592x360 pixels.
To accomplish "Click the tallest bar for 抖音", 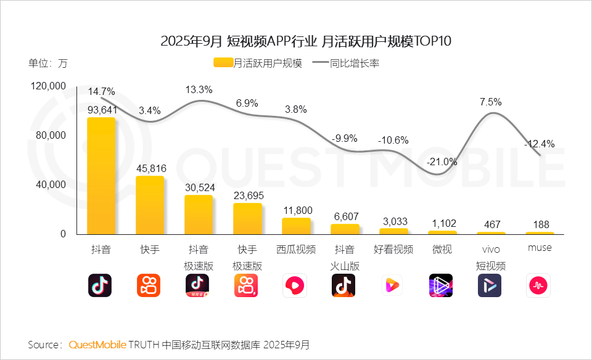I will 101,176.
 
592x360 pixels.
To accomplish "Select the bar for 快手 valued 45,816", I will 149,205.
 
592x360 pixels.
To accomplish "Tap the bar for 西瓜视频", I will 296,226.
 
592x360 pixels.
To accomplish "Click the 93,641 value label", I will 102,110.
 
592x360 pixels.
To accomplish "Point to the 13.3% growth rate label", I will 199,90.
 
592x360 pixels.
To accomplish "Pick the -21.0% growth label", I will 442,162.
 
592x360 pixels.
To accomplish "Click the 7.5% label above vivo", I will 491,102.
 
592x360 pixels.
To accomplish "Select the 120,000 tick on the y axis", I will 48,86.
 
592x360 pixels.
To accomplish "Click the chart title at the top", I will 297,41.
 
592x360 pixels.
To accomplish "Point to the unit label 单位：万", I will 47,63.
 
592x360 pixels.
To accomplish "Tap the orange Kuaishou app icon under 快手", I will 149,285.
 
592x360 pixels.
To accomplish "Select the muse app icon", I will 538,285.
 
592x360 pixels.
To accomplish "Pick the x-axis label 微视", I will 442,250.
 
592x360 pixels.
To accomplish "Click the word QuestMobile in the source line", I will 97,344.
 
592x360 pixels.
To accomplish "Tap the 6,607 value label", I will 345,216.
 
